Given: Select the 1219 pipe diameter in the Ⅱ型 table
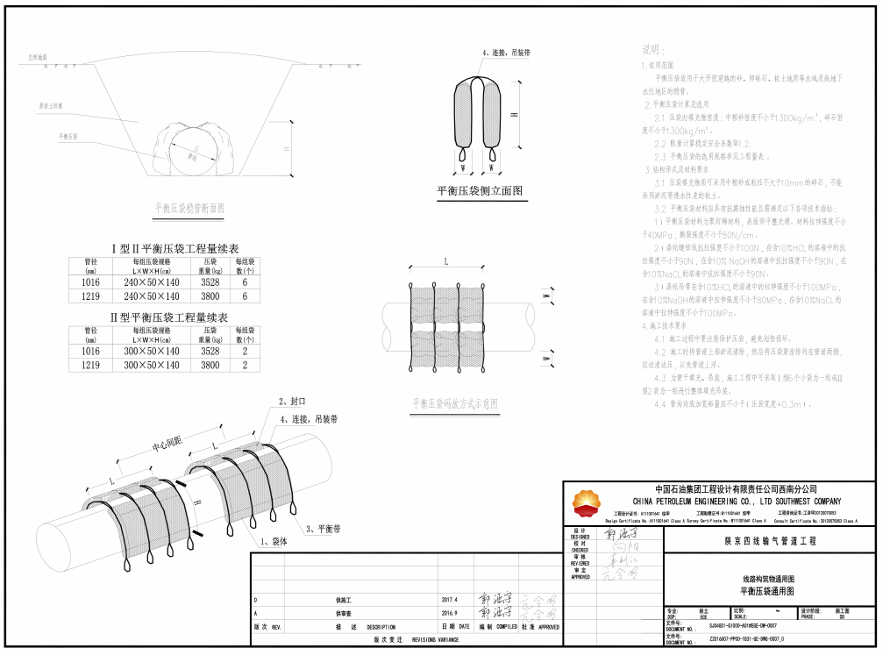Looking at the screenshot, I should click(90, 365).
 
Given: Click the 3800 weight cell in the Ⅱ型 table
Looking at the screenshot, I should click(210, 365).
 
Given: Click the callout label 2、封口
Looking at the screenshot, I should click(292, 401).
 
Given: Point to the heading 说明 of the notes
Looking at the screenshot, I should click(654, 50).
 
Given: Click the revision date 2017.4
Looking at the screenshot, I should click(452, 599).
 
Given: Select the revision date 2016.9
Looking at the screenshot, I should click(452, 613).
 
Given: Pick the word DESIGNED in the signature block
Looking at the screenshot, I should click(580, 537).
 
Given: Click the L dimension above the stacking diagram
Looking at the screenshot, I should click(445, 262).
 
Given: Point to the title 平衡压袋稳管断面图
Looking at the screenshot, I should click(189, 209).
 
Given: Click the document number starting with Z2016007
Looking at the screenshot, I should click(742, 641).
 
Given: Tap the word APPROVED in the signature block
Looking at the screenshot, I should click(580, 576).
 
